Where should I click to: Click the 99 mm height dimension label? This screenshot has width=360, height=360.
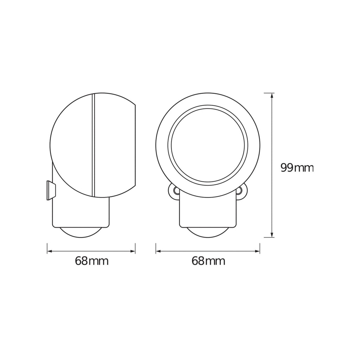pos(297,168)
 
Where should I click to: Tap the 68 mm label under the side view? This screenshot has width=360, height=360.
pos(92,261)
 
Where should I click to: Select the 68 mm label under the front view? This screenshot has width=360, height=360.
pos(208,261)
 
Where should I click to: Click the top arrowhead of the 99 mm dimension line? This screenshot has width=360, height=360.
pos(272,96)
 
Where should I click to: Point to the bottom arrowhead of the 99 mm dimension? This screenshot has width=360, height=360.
pos(272,234)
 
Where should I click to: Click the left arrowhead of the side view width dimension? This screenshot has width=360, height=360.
pos(50,251)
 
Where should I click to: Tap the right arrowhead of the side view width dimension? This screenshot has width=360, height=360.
pos(132,251)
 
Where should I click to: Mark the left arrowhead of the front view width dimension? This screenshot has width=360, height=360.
pos(159,251)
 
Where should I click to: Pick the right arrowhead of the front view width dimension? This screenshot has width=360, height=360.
pos(257,251)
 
